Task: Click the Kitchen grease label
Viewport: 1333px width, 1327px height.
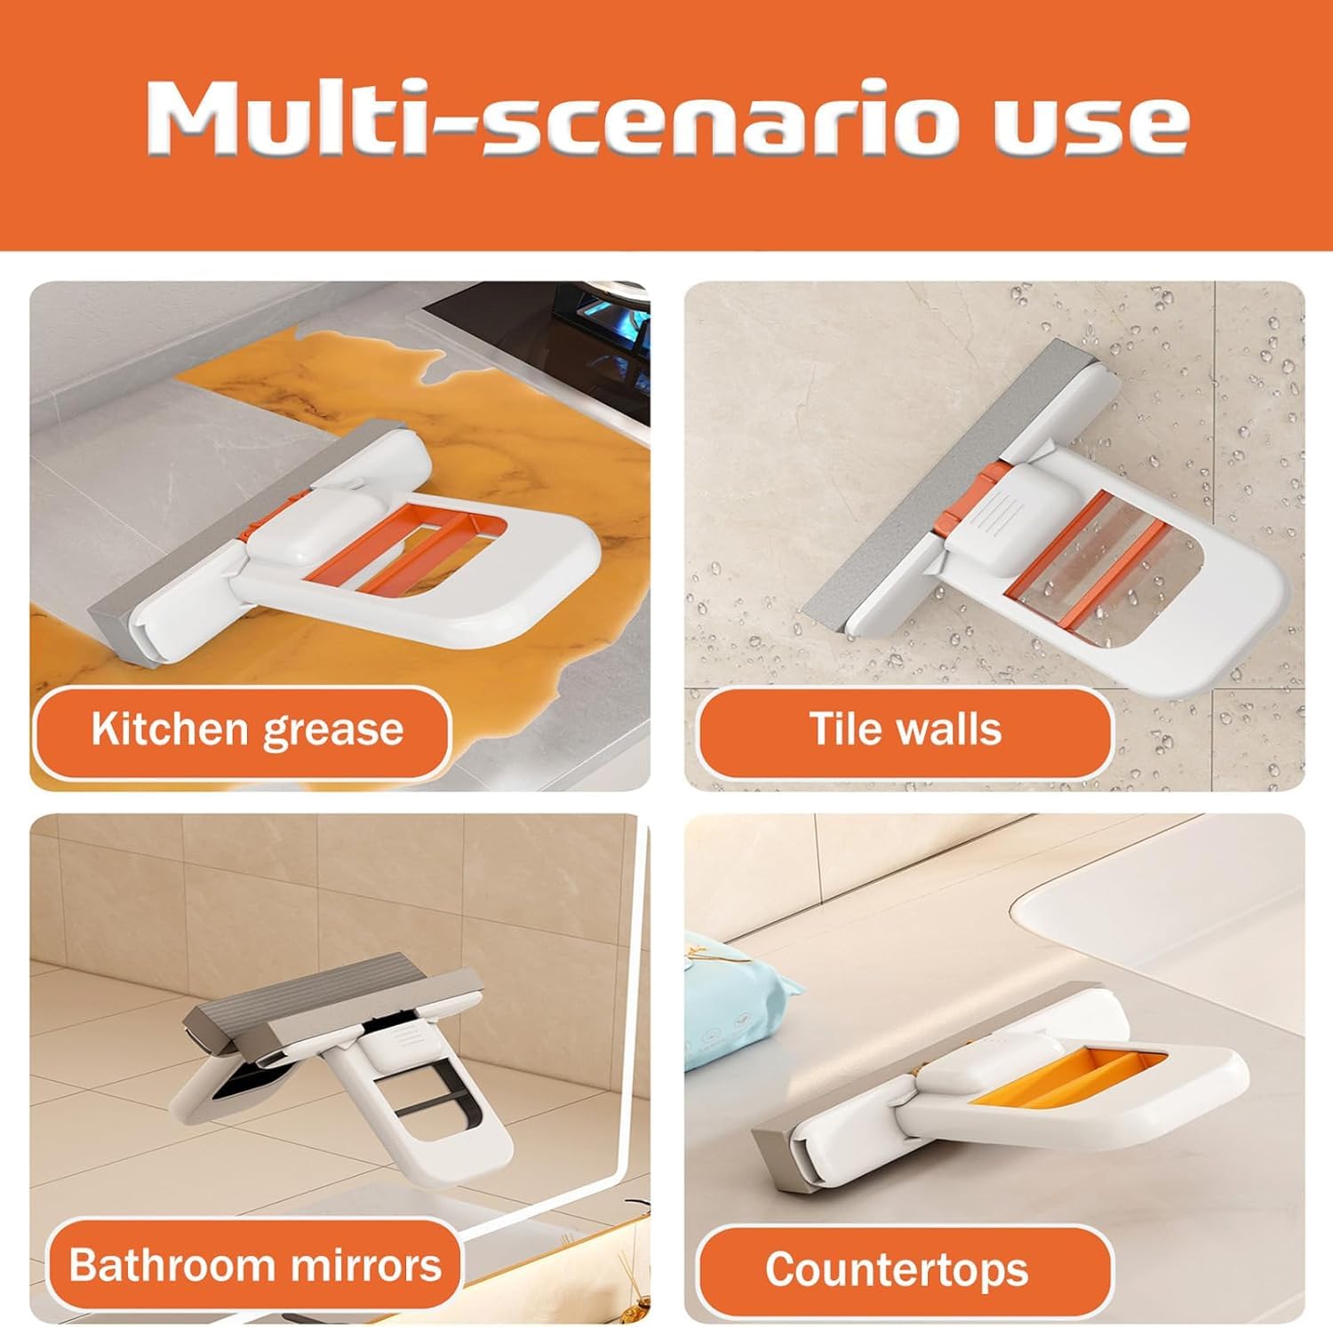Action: click(246, 730)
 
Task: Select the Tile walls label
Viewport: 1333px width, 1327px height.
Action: click(905, 730)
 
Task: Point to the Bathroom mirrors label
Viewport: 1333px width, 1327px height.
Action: click(255, 1265)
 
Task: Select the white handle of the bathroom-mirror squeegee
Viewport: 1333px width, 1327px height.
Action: click(462, 1155)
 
